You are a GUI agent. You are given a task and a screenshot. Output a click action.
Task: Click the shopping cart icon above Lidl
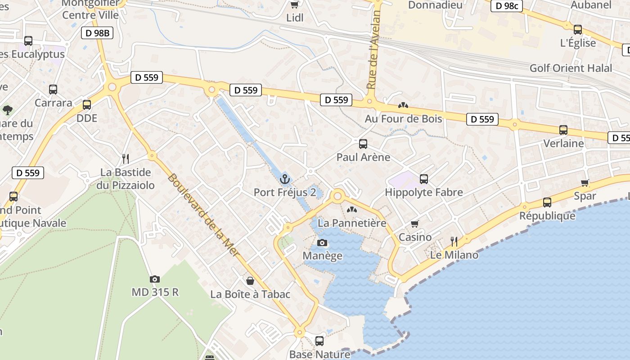click(x=295, y=4)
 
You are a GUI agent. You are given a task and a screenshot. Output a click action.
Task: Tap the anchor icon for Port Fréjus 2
click(x=284, y=180)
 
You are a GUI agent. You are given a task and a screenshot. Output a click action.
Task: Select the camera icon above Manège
click(x=322, y=243)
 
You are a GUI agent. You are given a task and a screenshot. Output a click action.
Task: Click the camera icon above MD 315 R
click(x=154, y=279)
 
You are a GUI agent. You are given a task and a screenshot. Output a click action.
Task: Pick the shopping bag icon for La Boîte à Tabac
click(x=250, y=281)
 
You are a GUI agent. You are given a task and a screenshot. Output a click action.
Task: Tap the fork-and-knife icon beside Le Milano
click(x=454, y=242)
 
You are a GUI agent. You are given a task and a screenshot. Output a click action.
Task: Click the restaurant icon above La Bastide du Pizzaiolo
click(x=126, y=158)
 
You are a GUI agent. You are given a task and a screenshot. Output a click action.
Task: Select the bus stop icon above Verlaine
click(x=563, y=130)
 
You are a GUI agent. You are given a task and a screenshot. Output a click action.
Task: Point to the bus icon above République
click(x=547, y=202)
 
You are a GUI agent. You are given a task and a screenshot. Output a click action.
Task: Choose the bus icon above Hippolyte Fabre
click(x=423, y=179)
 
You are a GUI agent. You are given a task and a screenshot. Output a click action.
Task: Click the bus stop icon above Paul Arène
click(x=363, y=144)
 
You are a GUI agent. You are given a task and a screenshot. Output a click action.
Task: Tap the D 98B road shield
click(x=97, y=33)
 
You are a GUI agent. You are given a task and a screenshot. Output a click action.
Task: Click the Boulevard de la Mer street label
click(x=203, y=215)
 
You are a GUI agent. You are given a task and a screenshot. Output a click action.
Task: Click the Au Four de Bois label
click(x=403, y=119)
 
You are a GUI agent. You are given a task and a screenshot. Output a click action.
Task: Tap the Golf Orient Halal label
click(x=571, y=68)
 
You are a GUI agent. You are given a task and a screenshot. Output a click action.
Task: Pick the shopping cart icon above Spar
click(x=585, y=183)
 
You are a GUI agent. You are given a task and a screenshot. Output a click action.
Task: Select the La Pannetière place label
click(x=352, y=223)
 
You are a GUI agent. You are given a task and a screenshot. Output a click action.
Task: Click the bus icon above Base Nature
click(x=319, y=341)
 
